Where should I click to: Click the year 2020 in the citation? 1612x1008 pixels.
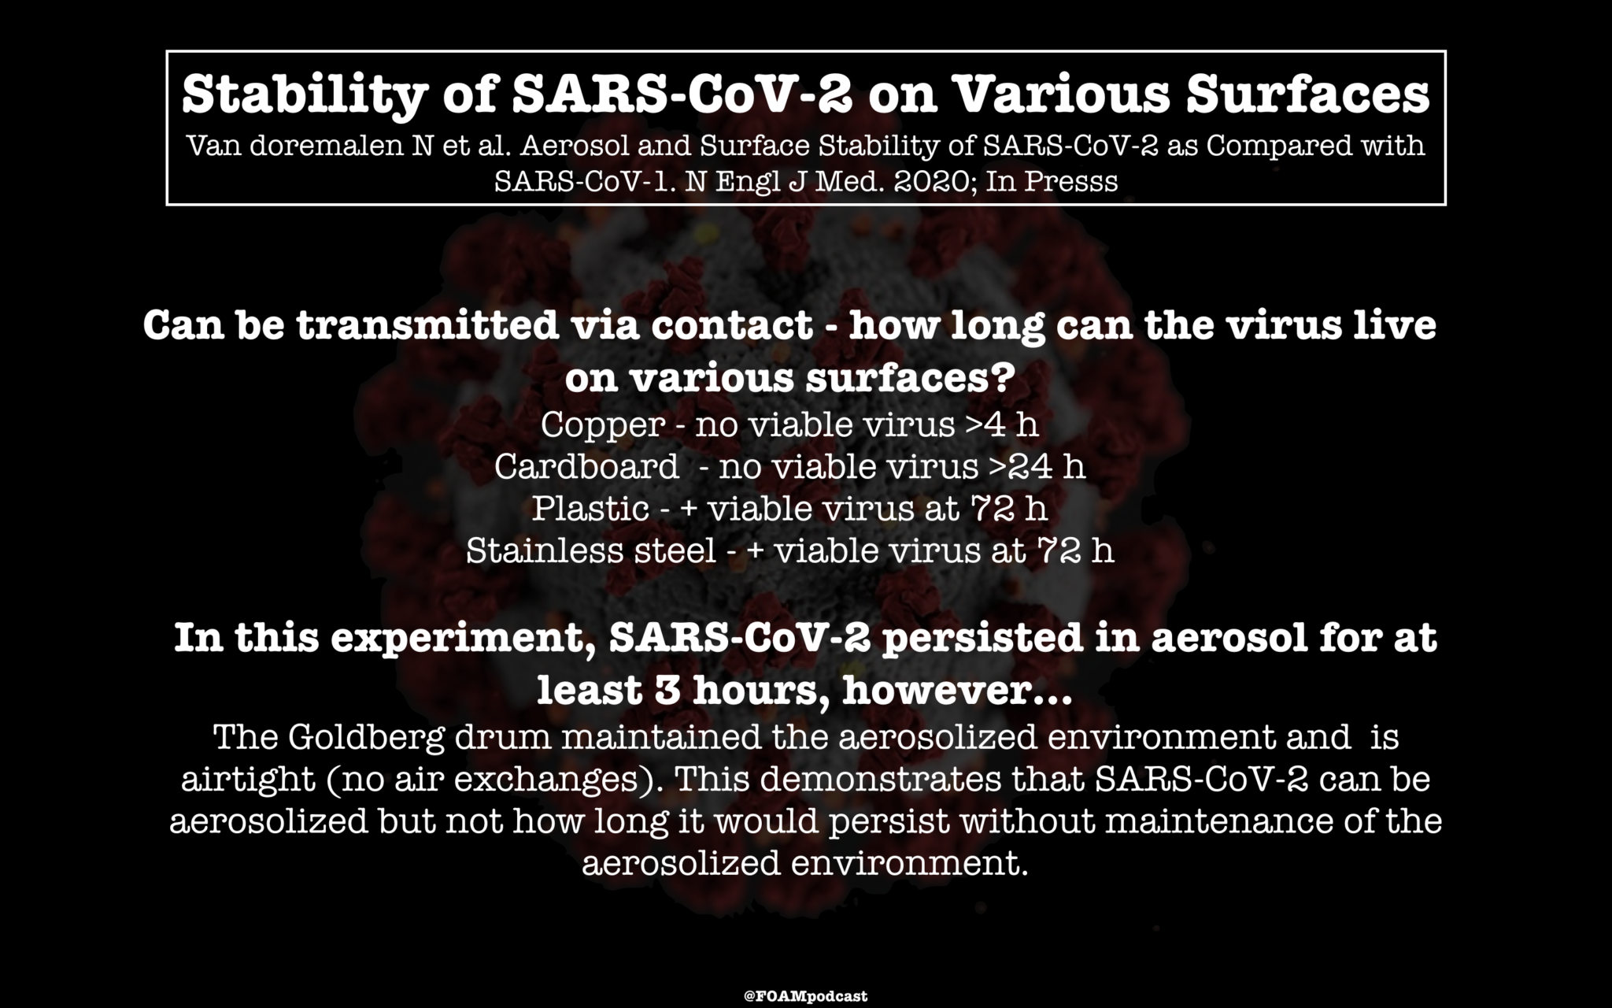point(919,181)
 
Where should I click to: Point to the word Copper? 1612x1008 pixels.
point(603,425)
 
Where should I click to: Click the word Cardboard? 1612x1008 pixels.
point(586,467)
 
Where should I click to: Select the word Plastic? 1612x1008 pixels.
point(590,509)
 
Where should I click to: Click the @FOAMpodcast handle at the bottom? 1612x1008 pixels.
point(805,996)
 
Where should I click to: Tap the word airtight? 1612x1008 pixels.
point(248,780)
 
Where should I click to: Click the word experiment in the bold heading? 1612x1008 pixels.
point(462,638)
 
